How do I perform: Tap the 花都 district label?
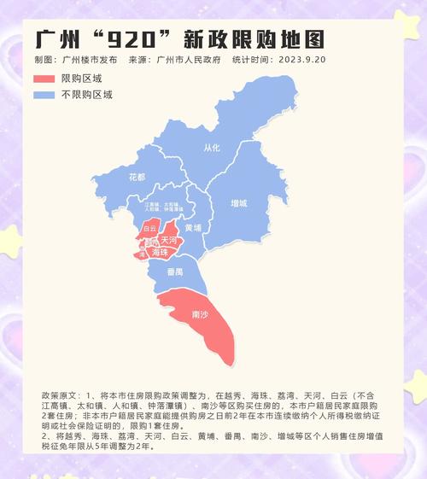(x=137, y=178)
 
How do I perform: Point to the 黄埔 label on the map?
(x=193, y=229)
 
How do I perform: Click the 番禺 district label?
(x=174, y=272)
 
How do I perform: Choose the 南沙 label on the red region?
(x=197, y=316)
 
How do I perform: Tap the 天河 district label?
(x=168, y=242)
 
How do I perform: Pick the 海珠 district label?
(x=159, y=254)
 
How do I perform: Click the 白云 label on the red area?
(x=149, y=229)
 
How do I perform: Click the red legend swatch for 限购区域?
(x=44, y=79)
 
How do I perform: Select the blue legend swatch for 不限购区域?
(x=44, y=95)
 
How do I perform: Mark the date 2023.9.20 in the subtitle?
(x=304, y=61)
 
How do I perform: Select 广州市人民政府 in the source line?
(x=189, y=61)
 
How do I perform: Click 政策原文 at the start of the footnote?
(x=58, y=398)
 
